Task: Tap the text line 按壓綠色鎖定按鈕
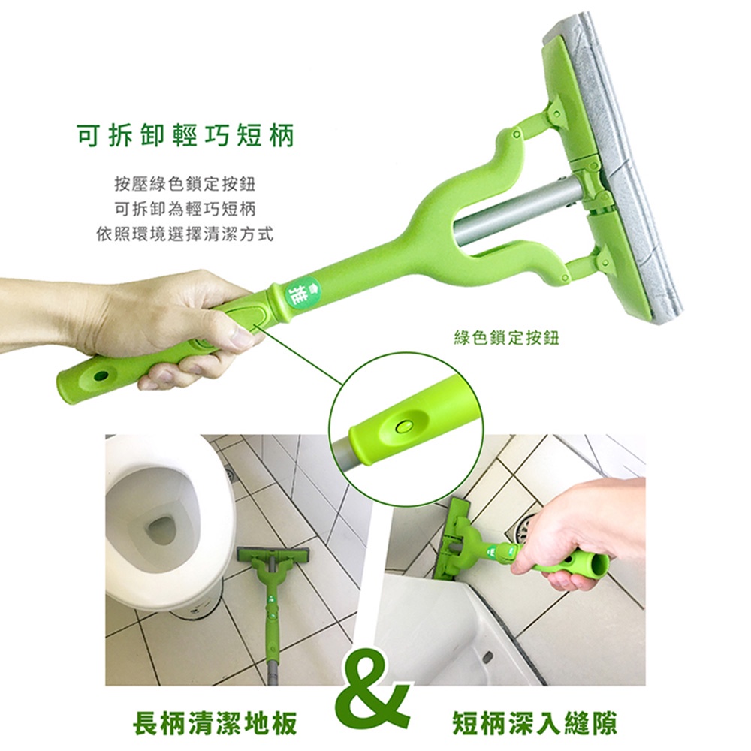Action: point(185,183)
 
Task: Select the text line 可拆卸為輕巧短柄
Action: point(185,209)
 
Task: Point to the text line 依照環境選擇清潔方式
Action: point(185,234)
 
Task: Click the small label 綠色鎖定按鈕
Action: point(506,339)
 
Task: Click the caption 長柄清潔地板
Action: point(215,722)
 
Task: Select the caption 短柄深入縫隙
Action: point(535,722)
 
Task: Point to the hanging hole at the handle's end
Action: point(101,375)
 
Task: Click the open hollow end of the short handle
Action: point(594,567)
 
